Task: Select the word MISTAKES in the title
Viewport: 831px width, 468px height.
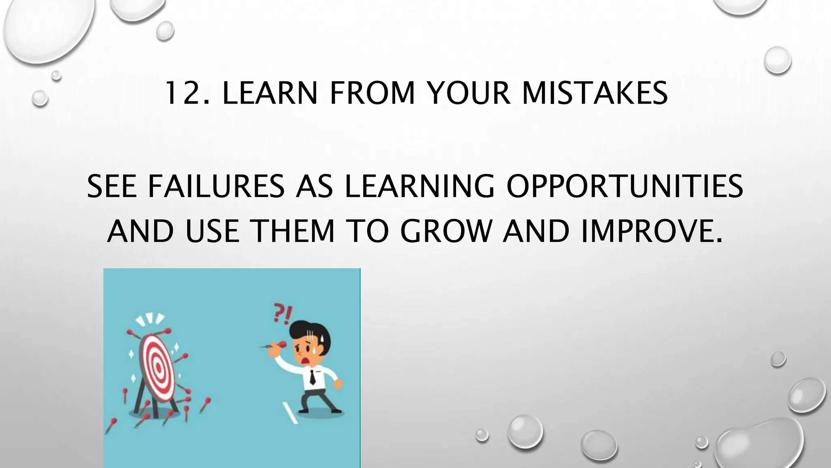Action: point(594,93)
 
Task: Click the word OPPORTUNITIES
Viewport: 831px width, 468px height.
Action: point(624,186)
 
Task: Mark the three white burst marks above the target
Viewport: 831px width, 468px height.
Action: point(150,320)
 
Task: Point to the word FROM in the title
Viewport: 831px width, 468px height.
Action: point(372,93)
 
